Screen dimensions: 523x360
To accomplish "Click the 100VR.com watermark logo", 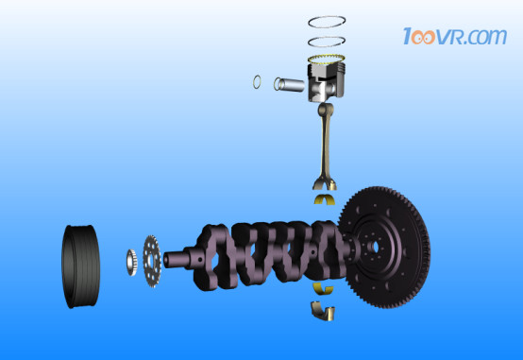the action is click(x=455, y=36).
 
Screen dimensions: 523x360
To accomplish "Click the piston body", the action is click(x=326, y=82).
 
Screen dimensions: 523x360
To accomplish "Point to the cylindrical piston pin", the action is click(x=290, y=84).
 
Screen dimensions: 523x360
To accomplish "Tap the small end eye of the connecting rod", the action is click(x=325, y=110).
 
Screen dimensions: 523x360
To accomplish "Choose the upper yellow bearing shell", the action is click(x=325, y=199).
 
